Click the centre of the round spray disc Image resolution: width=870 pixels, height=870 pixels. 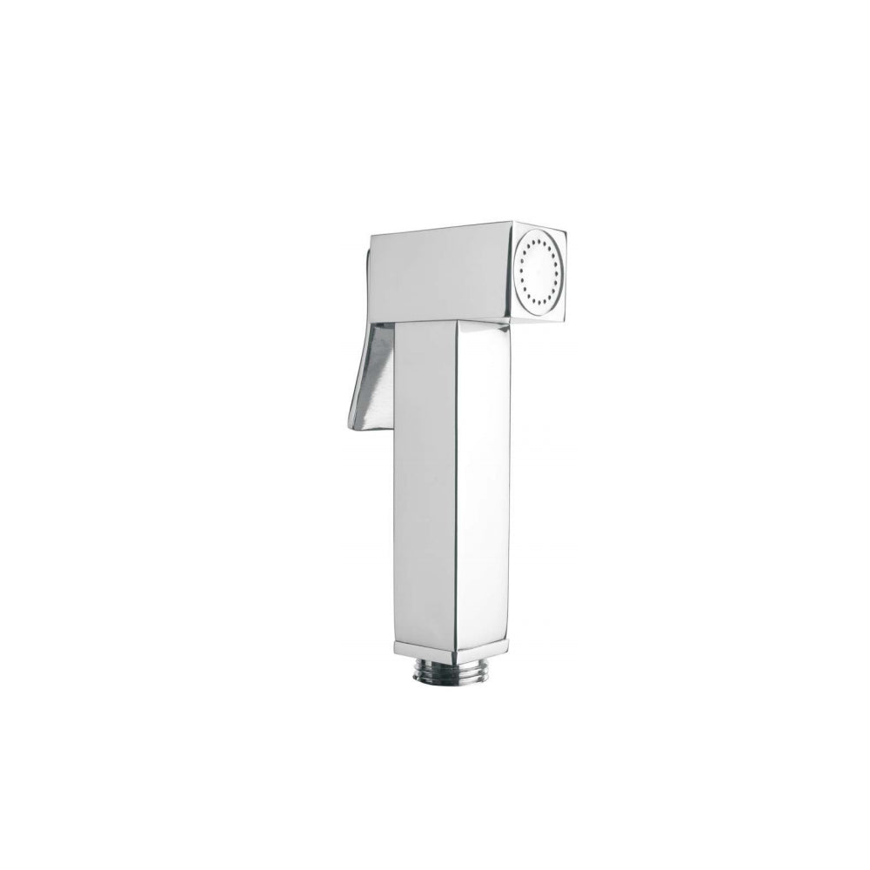pos(539,271)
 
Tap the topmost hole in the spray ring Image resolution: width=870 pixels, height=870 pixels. pos(538,237)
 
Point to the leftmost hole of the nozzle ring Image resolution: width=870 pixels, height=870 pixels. pos(519,272)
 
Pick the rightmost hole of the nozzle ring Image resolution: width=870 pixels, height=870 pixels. pos(559,271)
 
